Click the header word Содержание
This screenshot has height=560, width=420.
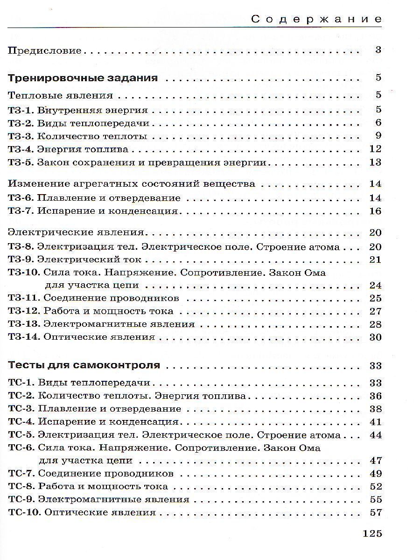coord(316,19)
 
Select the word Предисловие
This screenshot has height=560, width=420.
coord(45,50)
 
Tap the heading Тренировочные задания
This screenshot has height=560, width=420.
coord(83,78)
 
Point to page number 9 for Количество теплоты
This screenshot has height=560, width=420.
coord(378,136)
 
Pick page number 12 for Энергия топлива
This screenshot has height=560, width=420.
coord(375,149)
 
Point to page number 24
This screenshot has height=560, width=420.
coord(375,285)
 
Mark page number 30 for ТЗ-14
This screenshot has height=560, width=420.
coord(375,337)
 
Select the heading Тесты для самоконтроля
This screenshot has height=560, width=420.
coord(84,365)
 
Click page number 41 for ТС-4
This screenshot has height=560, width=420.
coord(375,422)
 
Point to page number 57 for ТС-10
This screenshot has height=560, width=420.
coord(375,512)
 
